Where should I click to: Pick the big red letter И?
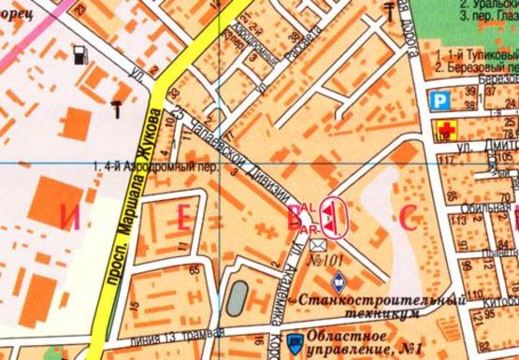pos(66,218)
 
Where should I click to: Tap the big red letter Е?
pos(184,218)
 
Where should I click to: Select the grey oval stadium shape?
pos(238,297)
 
